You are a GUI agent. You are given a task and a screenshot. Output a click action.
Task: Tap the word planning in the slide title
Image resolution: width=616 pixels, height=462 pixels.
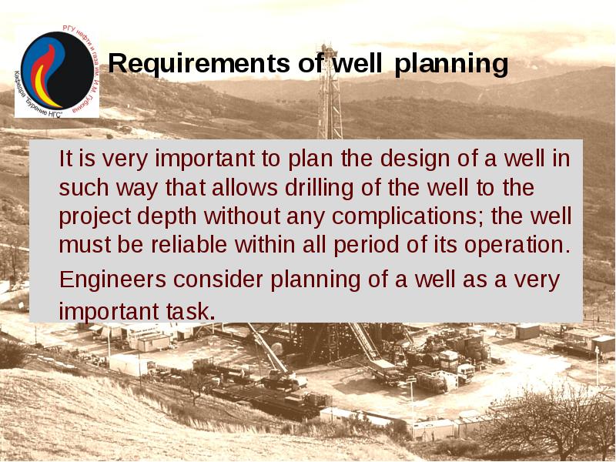[x=451, y=65]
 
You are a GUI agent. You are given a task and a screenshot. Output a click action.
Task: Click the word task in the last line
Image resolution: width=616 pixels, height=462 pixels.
[x=189, y=312]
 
